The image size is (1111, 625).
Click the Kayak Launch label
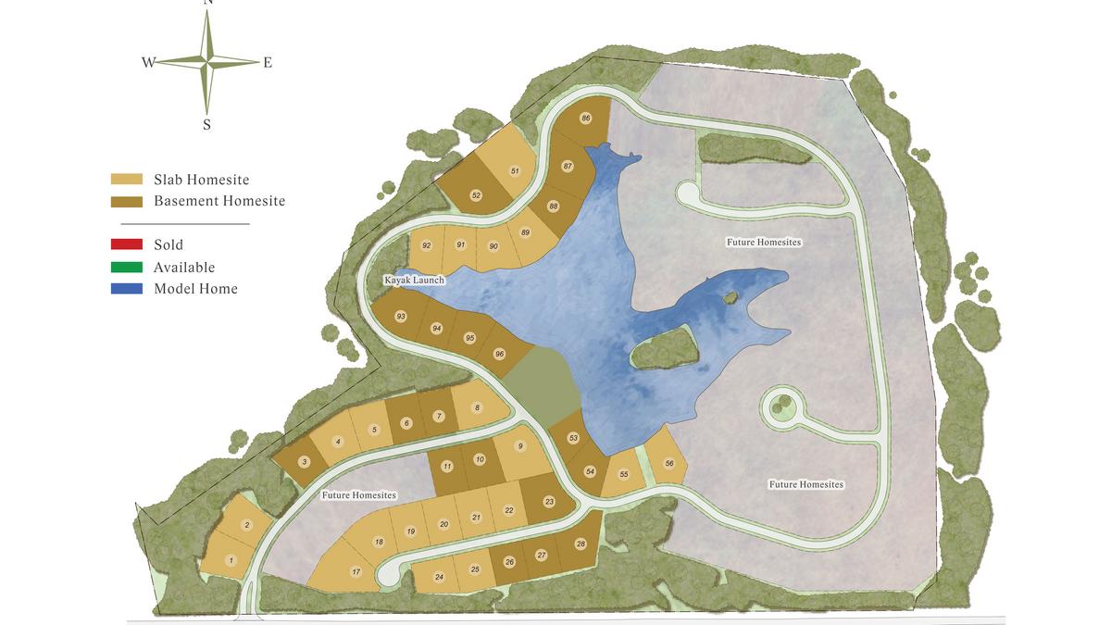pos(416,280)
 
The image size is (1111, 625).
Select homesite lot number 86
pos(586,119)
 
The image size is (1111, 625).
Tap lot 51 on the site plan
pos(515,171)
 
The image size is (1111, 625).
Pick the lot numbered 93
pos(401,317)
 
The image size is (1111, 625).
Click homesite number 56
pos(669,463)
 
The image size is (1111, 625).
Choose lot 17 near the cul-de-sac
pos(356,572)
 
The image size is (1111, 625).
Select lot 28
pos(580,544)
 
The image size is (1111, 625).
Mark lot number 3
pos(304,461)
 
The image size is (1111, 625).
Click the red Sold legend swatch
pos(127,245)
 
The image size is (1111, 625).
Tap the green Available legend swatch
pos(127,267)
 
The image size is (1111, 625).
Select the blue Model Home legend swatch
pos(127,289)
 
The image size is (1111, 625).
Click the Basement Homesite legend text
pos(219,201)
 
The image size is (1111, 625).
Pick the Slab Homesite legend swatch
pos(127,180)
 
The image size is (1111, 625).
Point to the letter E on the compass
pos(268,63)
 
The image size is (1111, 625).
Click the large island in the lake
pos(662,348)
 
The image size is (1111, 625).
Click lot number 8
pos(477,407)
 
